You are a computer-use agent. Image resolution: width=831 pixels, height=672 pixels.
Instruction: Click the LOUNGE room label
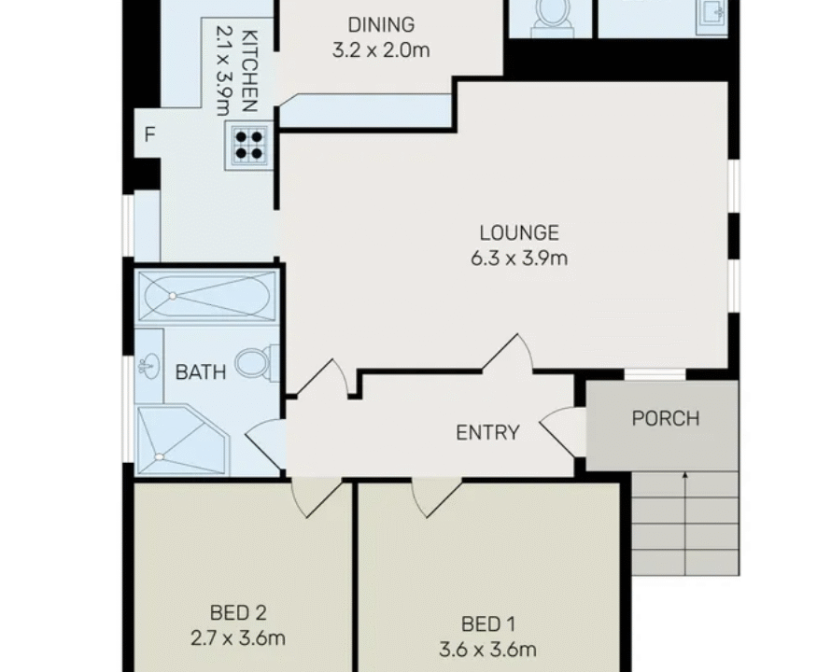pos(519,233)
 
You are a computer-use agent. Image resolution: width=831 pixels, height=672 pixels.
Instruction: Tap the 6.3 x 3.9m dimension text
pos(519,258)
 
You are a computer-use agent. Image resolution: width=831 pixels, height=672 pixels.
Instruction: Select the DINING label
pos(380,25)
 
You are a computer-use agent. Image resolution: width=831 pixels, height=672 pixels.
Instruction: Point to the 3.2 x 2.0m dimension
pos(380,50)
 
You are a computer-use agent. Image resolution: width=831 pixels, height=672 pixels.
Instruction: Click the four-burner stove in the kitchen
pos(247,146)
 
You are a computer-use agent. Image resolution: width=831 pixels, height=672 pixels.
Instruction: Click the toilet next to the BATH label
pos(257,362)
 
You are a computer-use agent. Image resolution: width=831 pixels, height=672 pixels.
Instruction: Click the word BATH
pos(201,372)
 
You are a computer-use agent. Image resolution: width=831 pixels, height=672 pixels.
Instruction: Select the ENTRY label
pos(486,432)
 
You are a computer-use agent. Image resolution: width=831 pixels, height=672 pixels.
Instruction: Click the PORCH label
pos(665,417)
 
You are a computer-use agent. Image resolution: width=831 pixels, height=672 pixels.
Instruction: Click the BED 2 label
pos(239,613)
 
